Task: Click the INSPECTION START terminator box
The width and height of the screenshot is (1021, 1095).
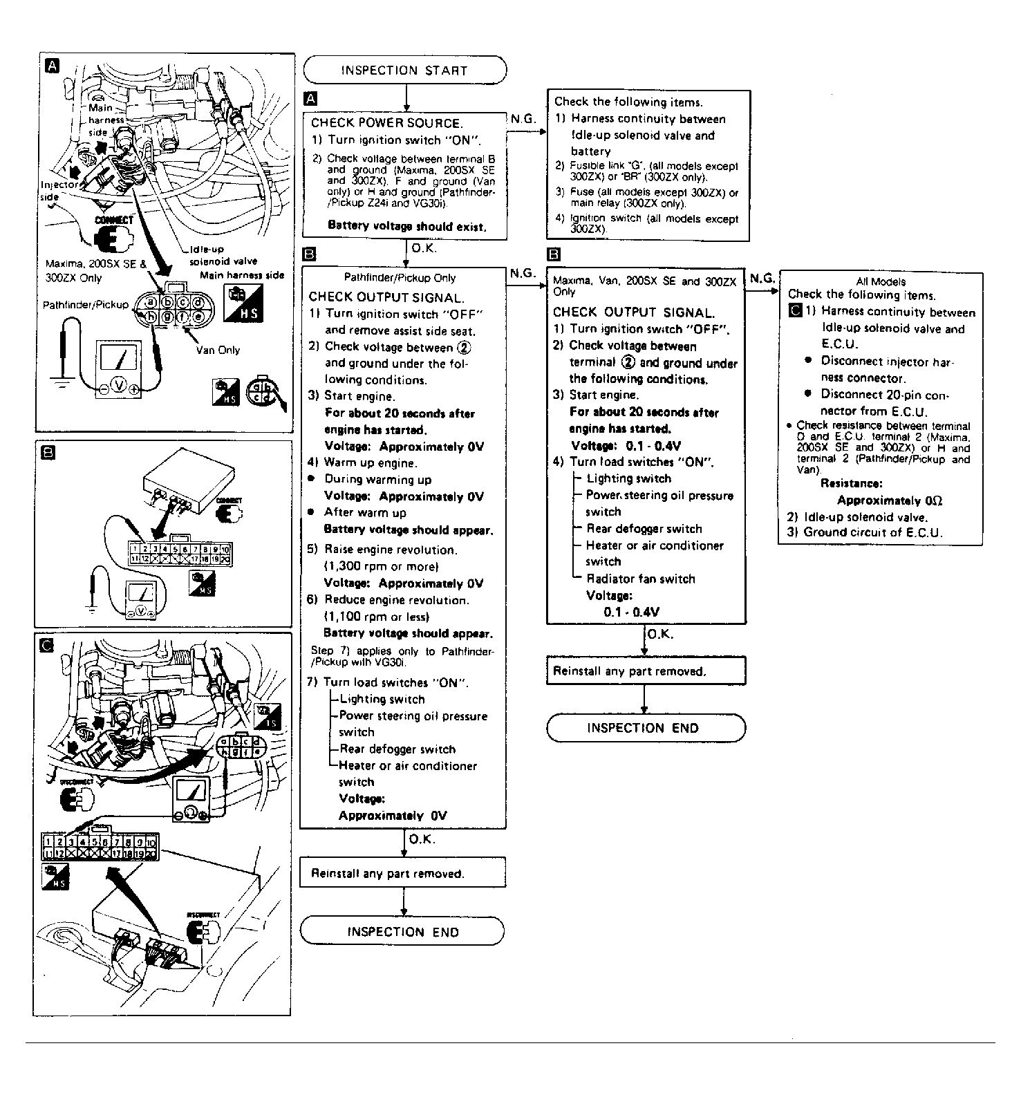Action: [x=404, y=70]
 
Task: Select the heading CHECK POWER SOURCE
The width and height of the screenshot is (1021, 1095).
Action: [x=386, y=123]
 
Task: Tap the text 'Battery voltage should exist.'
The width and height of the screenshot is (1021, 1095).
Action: [x=406, y=226]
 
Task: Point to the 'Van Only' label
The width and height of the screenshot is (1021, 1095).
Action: [x=218, y=350]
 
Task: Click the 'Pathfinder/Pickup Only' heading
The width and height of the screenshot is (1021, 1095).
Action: [x=400, y=278]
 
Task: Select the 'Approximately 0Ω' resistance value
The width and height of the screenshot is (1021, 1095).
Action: [x=889, y=500]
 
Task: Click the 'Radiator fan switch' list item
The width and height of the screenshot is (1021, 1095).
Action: [x=640, y=579]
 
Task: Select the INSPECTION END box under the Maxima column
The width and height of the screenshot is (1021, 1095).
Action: [x=646, y=728]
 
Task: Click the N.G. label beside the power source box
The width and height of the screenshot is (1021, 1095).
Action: [x=523, y=119]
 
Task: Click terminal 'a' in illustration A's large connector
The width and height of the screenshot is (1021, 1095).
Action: [x=149, y=302]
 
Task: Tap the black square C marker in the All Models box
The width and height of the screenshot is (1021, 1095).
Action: [x=794, y=312]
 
